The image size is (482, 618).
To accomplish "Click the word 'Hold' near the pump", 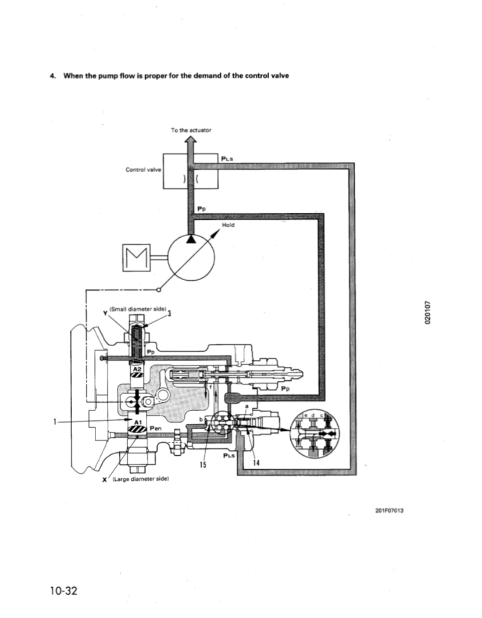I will tap(228, 224).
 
